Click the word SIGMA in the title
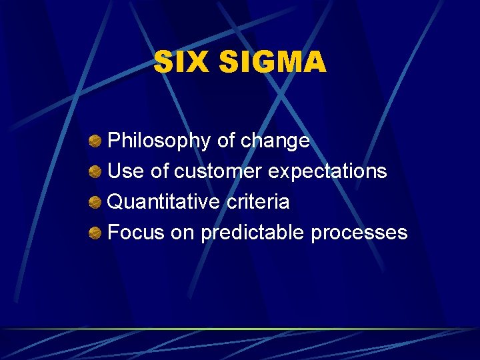click(x=273, y=63)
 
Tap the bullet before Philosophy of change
click(x=95, y=141)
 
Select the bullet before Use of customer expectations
click(x=95, y=171)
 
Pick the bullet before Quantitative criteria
click(x=95, y=201)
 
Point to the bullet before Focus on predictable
click(x=95, y=232)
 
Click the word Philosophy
click(x=159, y=141)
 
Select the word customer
click(x=218, y=171)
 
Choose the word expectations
click(x=327, y=171)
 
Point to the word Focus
click(x=135, y=232)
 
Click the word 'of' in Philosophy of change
click(x=225, y=141)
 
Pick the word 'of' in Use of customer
click(x=160, y=171)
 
